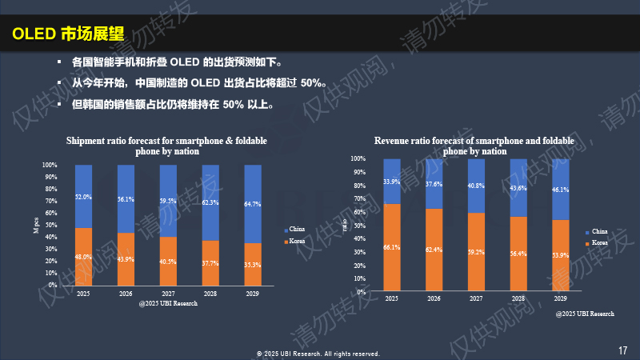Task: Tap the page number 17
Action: (622, 350)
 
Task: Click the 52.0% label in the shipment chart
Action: (83, 197)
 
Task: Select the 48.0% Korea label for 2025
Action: (83, 257)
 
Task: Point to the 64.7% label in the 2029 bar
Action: (252, 204)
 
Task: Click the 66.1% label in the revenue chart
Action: (392, 248)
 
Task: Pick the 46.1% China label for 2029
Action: (561, 190)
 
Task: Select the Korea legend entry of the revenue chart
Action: (598, 242)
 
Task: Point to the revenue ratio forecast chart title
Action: (474, 146)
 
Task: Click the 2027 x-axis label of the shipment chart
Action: (168, 293)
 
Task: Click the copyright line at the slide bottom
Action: (318, 353)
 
